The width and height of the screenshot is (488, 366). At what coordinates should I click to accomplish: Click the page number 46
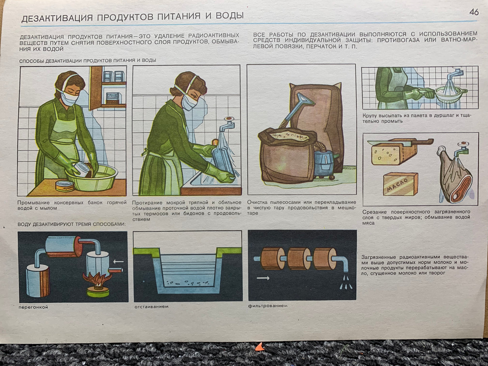(474, 12)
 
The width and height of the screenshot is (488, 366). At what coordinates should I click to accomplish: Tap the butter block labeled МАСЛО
(401, 184)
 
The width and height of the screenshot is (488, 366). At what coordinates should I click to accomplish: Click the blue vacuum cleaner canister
(325, 163)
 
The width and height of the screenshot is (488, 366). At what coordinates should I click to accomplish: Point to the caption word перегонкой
(33, 308)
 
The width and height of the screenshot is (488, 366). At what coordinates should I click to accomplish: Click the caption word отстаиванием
(152, 307)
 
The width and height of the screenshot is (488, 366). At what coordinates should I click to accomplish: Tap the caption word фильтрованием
(268, 306)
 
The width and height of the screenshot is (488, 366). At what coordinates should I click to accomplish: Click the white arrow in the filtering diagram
(263, 278)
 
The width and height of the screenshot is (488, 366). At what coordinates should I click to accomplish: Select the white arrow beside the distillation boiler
(118, 261)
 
